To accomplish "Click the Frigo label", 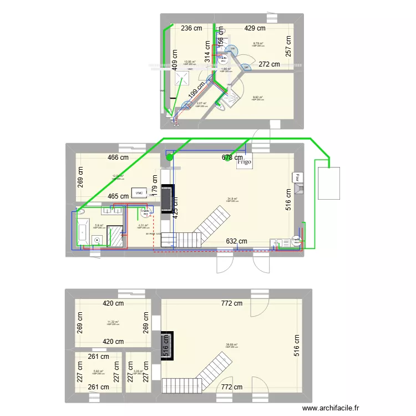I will (x=244, y=163).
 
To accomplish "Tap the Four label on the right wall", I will (x=297, y=178).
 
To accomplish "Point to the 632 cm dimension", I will (x=237, y=241).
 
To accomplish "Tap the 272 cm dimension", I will (x=270, y=64).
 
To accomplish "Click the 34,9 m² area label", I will (x=232, y=199).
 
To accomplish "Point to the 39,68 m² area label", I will (x=231, y=344).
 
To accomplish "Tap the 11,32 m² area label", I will (x=113, y=322).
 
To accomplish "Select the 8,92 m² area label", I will (x=258, y=98).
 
